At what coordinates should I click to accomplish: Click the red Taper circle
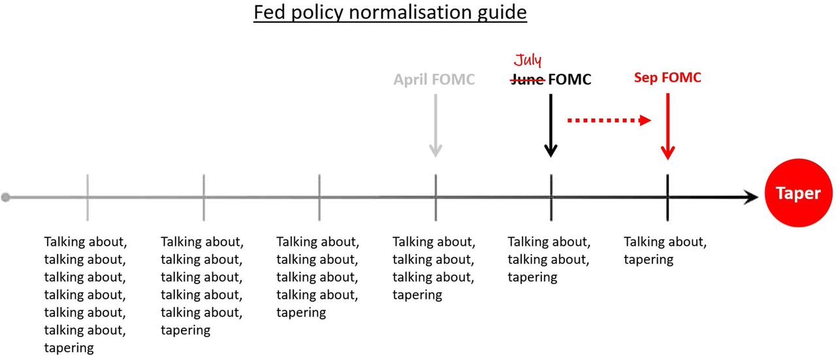(x=798, y=193)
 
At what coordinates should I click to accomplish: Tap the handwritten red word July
(x=528, y=59)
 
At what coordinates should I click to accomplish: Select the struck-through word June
(x=528, y=80)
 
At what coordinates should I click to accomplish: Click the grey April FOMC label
(x=434, y=79)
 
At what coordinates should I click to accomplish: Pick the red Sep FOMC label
(x=667, y=77)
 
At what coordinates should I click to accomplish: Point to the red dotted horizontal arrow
(x=609, y=120)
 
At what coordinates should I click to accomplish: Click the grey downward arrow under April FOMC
(x=436, y=125)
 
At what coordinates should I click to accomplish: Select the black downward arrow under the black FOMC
(x=551, y=125)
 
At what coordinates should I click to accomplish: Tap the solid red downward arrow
(x=667, y=126)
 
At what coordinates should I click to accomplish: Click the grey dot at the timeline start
(x=6, y=197)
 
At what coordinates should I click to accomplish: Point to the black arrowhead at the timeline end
(x=750, y=197)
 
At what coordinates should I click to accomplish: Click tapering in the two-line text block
(x=649, y=259)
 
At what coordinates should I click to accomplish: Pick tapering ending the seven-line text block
(x=69, y=348)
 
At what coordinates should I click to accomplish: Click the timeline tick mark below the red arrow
(x=667, y=197)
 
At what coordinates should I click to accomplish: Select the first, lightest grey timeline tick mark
(x=88, y=197)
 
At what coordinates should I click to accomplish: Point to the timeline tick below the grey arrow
(x=436, y=197)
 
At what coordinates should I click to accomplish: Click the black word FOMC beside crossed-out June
(x=570, y=80)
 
